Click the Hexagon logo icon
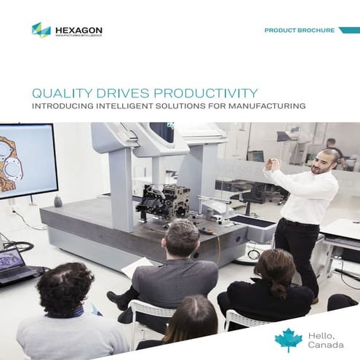41,30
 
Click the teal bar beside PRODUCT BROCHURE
349,31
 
